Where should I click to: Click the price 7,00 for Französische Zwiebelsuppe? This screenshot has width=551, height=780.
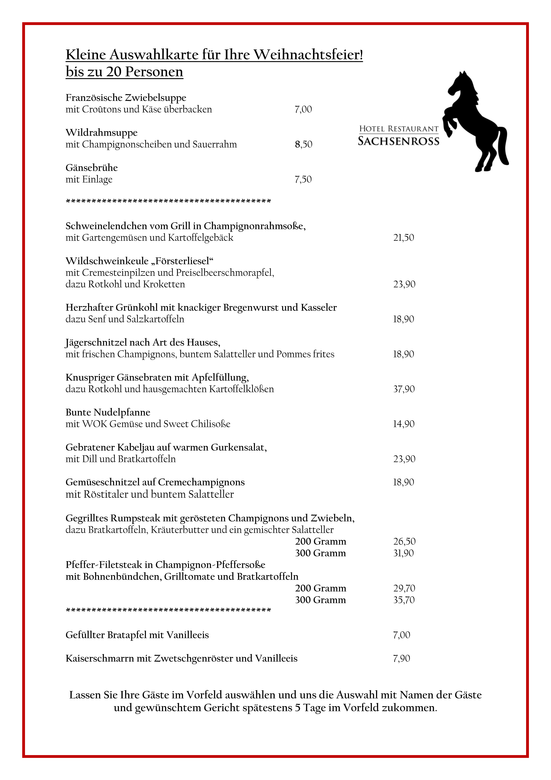303,109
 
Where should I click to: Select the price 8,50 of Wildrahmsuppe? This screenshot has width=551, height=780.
303,144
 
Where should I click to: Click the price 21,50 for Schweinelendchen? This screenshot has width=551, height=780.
404,237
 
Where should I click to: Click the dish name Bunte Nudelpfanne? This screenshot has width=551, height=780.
108,412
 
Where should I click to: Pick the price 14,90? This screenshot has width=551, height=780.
404,424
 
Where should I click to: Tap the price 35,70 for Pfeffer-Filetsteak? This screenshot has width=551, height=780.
404,600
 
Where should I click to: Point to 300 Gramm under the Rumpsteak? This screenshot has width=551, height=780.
320,553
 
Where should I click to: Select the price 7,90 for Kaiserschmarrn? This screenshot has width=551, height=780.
402,658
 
